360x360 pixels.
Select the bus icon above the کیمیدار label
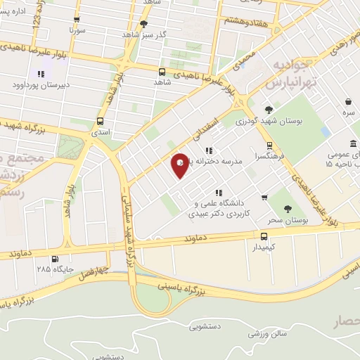tap(264, 236)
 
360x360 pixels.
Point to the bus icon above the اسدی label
tap(100, 120)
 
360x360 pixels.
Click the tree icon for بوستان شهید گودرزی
tap(269, 109)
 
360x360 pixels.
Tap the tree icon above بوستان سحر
tap(287, 208)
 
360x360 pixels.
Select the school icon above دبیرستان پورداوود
tap(41, 73)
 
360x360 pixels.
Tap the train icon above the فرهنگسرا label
tap(269, 146)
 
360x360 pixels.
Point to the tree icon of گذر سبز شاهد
tap(143, 23)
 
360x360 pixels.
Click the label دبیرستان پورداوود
tap(33, 85)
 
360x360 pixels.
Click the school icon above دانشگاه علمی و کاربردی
tap(219, 192)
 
